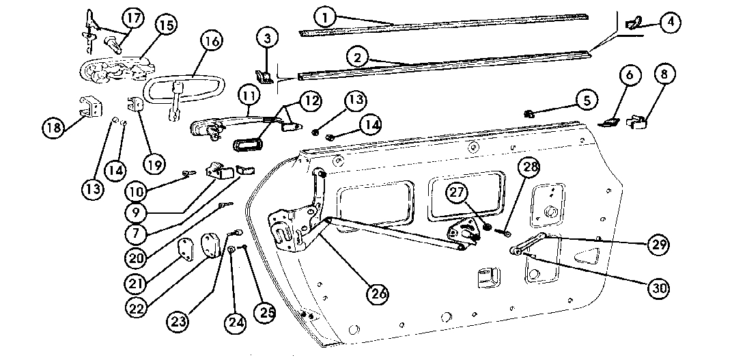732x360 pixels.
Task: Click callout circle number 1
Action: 327,15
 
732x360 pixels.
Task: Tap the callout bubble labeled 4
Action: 670,22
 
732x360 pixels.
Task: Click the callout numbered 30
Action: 658,289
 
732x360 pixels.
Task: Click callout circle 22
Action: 139,309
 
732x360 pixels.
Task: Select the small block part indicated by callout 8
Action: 636,122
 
